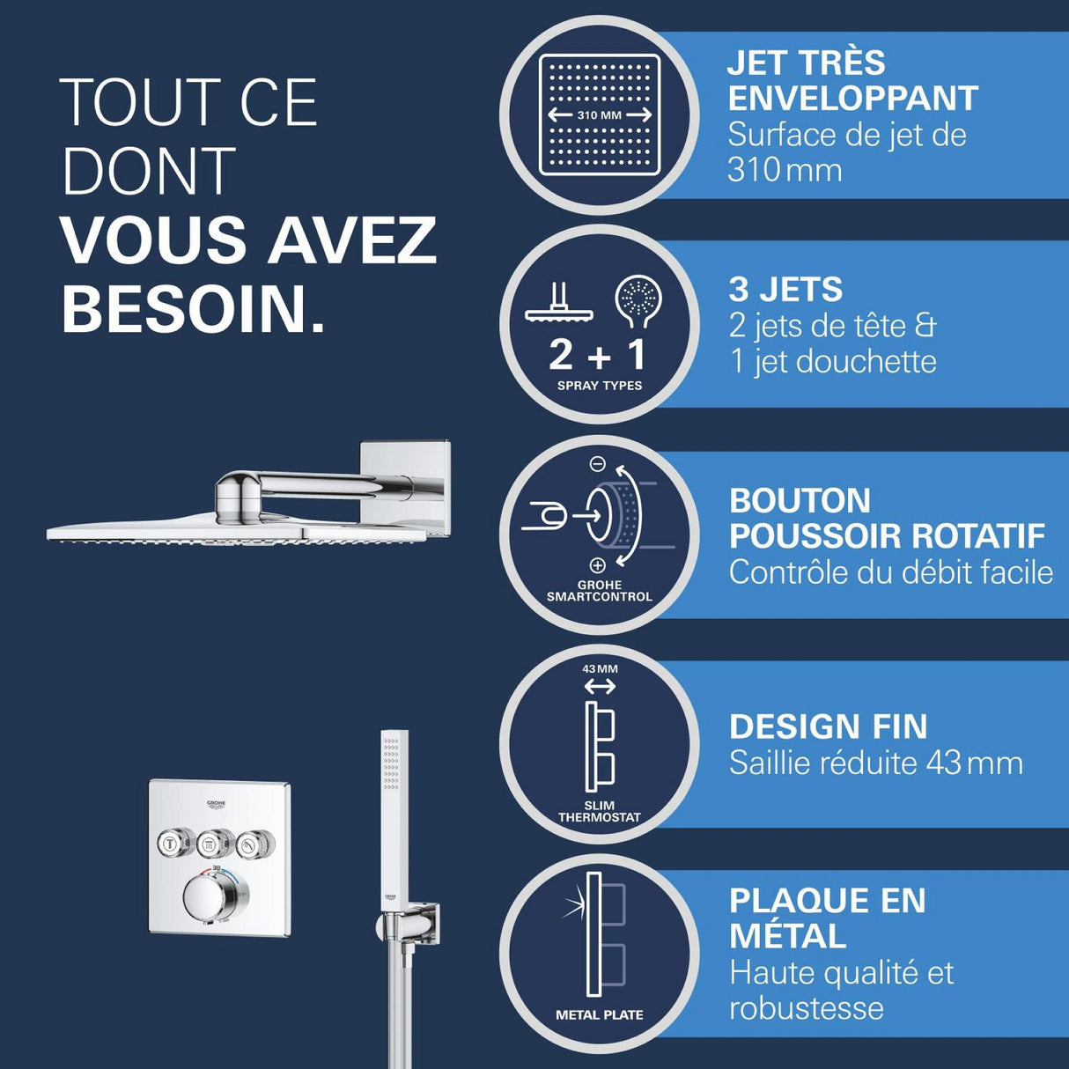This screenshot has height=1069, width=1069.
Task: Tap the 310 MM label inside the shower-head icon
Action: tap(600, 115)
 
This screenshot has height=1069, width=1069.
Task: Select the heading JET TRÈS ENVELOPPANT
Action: tap(852, 80)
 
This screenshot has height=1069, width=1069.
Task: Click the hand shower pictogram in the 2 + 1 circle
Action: tap(638, 301)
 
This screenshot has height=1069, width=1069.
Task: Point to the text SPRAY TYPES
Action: tap(600, 386)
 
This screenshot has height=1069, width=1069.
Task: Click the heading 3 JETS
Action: tap(785, 290)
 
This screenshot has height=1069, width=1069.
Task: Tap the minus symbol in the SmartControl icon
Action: tap(597, 463)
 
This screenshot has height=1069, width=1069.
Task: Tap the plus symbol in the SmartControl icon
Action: tap(597, 565)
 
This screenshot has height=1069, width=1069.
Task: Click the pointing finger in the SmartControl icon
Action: tap(544, 516)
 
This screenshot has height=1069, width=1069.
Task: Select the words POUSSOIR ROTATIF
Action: tap(887, 535)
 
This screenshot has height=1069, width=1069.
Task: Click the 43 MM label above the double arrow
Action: tap(600, 669)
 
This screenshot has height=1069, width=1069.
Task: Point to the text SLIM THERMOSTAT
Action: tap(600, 811)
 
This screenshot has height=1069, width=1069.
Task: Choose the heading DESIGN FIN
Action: tap(828, 726)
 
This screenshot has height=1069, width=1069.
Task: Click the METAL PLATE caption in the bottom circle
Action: tap(600, 1014)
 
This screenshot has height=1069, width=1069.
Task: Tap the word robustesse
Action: tap(806, 1008)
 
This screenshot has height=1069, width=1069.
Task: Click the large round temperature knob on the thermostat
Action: tap(210, 898)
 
